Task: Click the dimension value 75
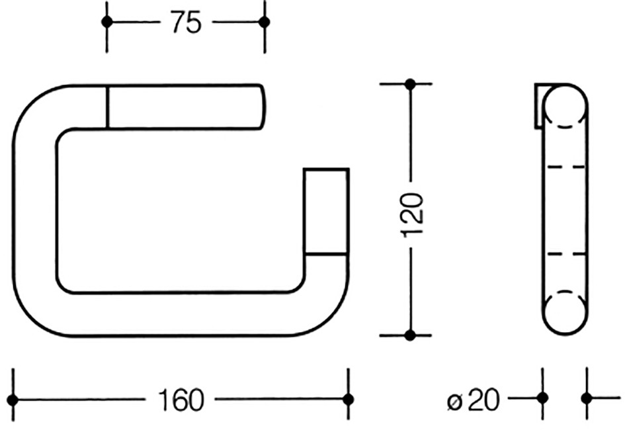186,22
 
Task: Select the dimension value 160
181,400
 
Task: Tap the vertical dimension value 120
411,215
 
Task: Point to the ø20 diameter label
473,400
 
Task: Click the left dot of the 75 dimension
107,22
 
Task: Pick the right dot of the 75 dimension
265,22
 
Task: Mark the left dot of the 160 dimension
13,400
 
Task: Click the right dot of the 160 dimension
349,400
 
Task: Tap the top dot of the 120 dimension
410,84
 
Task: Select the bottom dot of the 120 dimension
410,335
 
